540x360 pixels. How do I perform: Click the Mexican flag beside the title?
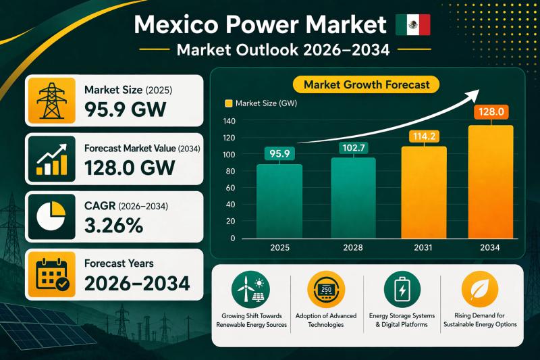coord(412,26)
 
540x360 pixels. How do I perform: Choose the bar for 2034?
coord(491,182)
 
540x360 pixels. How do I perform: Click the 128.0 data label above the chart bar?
coord(491,112)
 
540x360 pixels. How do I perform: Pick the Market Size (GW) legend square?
coord(227,103)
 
